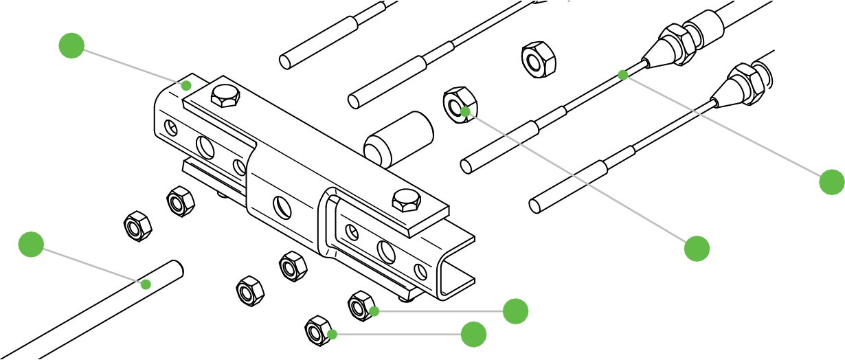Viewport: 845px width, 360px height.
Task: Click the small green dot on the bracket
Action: [185, 85]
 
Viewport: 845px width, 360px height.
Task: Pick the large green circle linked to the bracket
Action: [71, 45]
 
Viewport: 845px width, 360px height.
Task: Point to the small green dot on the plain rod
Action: [146, 284]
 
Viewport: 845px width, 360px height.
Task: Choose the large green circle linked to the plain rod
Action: [31, 245]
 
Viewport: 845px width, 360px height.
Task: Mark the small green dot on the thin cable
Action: [622, 74]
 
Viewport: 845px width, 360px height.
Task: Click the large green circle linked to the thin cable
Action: [832, 182]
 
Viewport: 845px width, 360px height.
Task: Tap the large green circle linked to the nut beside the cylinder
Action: [697, 249]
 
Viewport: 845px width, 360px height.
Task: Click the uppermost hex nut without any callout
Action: [538, 60]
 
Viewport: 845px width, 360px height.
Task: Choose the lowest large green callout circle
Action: [473, 335]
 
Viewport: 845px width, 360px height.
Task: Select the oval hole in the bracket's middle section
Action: [281, 205]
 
